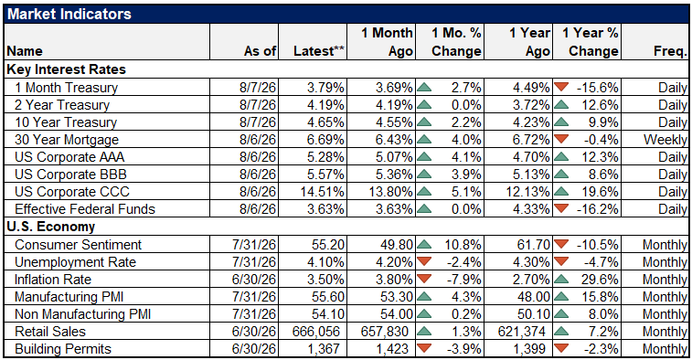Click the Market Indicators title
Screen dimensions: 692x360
click(69, 14)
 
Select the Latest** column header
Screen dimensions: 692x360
click(319, 51)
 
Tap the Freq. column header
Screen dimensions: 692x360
click(670, 51)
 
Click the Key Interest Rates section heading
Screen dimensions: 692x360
click(66, 69)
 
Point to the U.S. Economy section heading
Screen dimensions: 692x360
click(51, 227)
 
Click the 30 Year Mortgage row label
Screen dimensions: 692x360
click(67, 140)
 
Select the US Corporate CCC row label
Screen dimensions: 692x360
click(72, 192)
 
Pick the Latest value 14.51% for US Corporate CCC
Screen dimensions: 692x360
click(322, 192)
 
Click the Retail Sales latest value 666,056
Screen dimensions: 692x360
click(316, 332)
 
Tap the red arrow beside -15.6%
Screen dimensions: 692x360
click(561, 87)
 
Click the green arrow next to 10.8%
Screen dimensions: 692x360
click(424, 244)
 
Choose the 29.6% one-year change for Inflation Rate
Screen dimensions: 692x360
click(600, 280)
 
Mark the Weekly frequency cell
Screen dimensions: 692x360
click(665, 140)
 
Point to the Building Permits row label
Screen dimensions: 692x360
click(63, 349)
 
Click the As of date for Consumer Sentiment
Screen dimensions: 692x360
click(254, 244)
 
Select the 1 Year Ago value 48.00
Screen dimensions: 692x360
click(532, 296)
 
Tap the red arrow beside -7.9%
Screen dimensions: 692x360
click(424, 278)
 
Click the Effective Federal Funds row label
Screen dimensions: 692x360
click(85, 209)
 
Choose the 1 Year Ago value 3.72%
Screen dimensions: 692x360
click(531, 105)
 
